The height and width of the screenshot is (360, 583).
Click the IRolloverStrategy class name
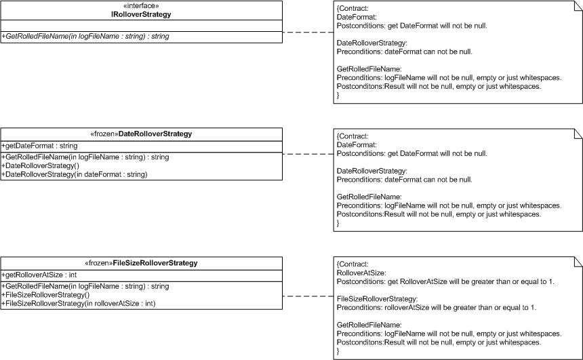coord(141,14)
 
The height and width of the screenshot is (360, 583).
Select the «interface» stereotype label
coord(141,6)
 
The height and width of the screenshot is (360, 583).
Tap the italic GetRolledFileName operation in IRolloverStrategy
coord(85,37)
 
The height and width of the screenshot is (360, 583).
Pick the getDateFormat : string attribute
coord(40,146)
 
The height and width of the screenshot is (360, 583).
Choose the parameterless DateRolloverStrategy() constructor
coord(41,166)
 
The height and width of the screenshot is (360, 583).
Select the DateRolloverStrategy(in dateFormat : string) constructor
coord(75,174)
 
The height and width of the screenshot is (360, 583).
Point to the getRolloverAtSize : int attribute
coord(39,275)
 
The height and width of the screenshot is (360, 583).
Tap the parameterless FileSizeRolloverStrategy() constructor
coord(45,295)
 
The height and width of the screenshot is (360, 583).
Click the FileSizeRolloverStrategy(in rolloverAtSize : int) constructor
coord(79,304)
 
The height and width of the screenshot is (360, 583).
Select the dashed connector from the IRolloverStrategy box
coord(308,33)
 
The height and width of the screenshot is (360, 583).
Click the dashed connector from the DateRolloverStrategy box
coord(308,154)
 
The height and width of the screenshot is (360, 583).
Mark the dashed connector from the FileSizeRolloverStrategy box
coord(308,296)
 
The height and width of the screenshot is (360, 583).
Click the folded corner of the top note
coord(578,5)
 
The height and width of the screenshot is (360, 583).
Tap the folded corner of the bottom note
coord(578,261)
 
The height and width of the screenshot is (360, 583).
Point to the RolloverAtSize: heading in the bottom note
coord(361,273)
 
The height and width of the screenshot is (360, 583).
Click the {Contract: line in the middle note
coord(353,136)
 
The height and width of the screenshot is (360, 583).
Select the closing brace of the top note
coord(338,95)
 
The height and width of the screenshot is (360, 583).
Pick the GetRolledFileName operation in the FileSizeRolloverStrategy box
coord(85,286)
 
